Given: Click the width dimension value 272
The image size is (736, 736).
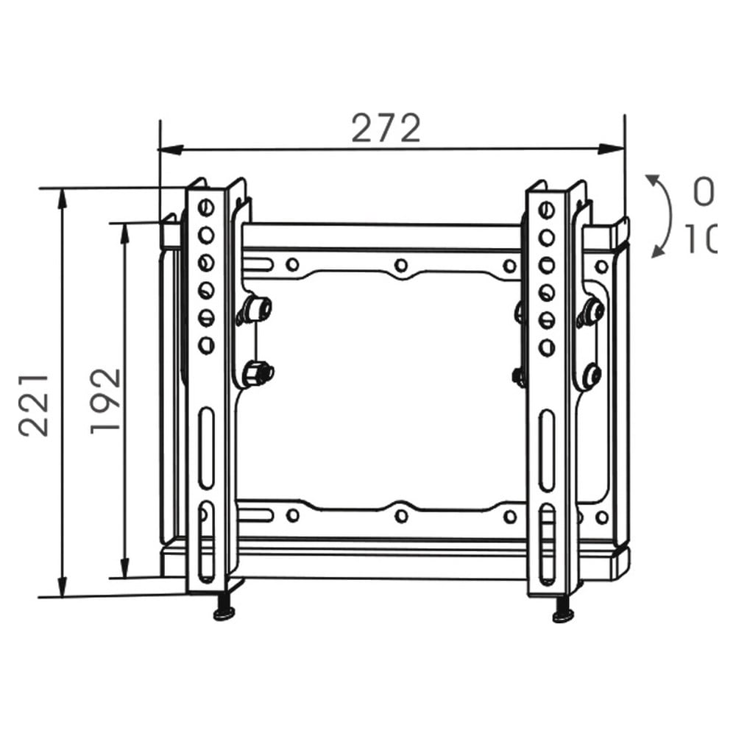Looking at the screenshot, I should click(386, 129).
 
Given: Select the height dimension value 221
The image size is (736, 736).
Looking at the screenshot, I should click(35, 405).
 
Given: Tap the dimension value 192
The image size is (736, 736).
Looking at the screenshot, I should click(106, 400).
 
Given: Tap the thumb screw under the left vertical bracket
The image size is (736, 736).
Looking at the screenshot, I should click(224, 612).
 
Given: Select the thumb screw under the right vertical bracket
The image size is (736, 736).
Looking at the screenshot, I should click(563, 613).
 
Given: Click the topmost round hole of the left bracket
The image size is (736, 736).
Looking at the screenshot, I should click(206, 208).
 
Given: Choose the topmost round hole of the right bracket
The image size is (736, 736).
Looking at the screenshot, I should click(546, 210).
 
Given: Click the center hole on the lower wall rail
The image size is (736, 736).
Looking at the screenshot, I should click(401, 516).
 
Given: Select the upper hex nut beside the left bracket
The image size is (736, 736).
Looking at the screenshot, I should click(257, 309).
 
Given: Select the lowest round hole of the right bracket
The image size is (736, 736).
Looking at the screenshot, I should click(546, 347).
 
